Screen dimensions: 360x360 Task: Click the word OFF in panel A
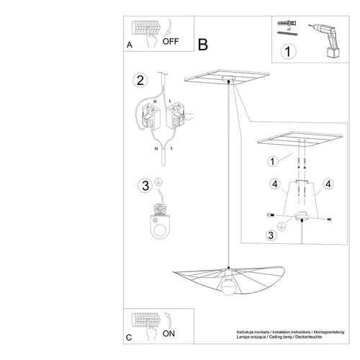(x=171, y=41)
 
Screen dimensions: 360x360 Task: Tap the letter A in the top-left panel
(x=129, y=45)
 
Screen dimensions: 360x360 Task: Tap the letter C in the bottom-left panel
(x=129, y=337)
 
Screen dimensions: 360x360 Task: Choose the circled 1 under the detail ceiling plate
(x=272, y=161)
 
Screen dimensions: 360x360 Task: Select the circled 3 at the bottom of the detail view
(x=272, y=235)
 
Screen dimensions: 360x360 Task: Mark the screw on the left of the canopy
(x=271, y=216)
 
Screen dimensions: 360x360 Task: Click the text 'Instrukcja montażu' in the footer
(x=255, y=332)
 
